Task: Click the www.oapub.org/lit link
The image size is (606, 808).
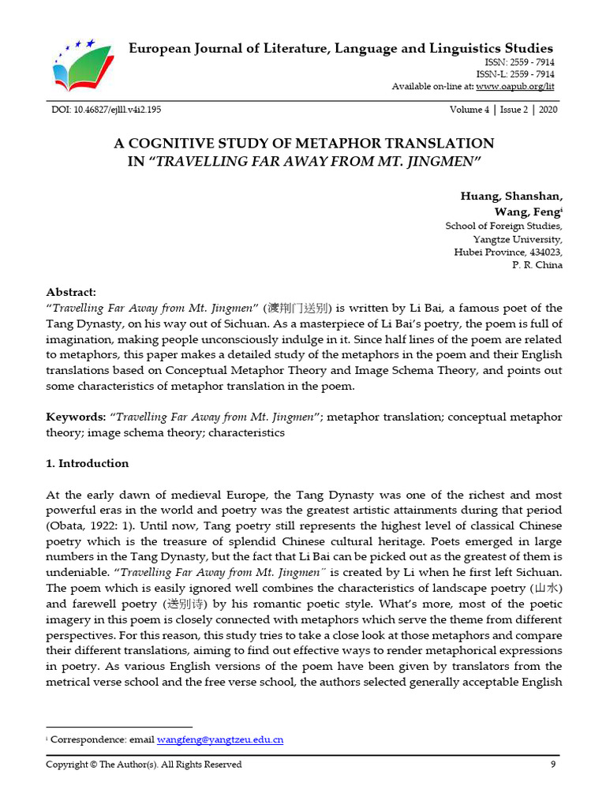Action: coord(516,86)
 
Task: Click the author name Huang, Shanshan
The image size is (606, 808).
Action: coord(511,196)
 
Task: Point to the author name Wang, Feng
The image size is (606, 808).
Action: coord(526,211)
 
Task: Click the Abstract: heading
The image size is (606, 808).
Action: coord(71,291)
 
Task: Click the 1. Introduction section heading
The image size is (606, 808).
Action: coord(87,463)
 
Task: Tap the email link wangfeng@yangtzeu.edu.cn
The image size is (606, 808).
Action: coord(220,739)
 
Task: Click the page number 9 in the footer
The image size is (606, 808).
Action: coord(553,764)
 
